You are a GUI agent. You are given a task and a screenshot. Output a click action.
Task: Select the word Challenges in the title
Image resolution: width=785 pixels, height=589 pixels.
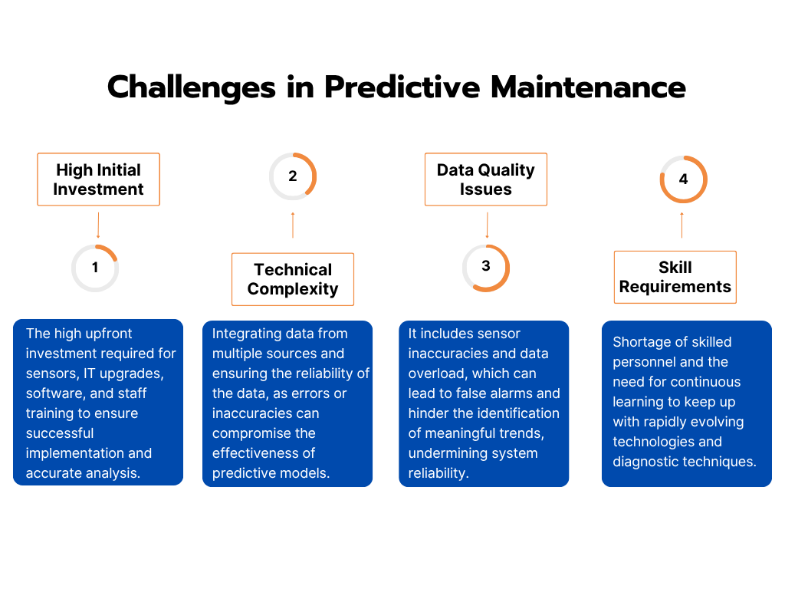191,87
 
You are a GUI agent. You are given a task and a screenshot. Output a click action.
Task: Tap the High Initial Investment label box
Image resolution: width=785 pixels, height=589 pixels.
98,179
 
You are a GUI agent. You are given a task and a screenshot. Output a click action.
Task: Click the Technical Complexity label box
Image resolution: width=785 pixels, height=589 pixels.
293,279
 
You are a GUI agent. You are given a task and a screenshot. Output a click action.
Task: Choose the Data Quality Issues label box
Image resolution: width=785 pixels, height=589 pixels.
486,179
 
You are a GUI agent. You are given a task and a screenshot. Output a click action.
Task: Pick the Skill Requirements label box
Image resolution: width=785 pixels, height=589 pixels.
675,277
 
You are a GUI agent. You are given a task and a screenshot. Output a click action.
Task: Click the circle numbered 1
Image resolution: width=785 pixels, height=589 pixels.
95,268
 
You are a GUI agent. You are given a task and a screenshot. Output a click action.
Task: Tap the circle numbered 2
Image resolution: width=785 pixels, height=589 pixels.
293,176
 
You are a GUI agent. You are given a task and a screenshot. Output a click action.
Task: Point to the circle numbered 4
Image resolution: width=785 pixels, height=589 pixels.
683,179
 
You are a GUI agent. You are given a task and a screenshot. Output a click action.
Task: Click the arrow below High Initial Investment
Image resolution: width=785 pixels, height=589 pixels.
98,225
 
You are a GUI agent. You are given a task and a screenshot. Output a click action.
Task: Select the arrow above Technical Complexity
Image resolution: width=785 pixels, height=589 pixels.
293,225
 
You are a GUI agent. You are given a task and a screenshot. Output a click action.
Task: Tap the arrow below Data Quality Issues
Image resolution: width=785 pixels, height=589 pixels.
487,225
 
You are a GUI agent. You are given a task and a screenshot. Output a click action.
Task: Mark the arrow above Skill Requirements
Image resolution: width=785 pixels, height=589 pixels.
682,225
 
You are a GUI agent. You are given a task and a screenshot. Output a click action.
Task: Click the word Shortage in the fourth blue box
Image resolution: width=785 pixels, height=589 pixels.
641,342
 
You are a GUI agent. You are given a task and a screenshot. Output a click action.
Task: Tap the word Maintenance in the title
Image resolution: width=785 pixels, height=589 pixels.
588,87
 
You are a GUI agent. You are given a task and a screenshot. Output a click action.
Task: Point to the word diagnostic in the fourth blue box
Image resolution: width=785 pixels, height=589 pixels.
647,462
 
